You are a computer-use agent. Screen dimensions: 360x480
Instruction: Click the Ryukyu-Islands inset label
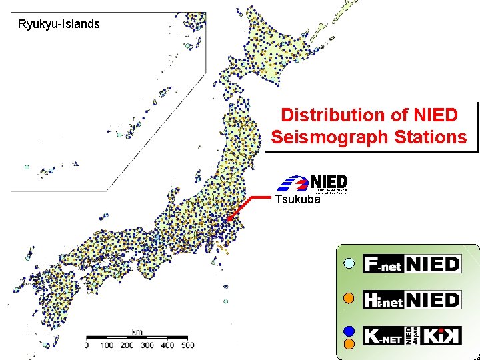pos(59,25)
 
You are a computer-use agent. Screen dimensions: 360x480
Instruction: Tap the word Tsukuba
pos(298,199)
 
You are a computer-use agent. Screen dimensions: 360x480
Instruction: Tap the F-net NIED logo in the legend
pos(412,264)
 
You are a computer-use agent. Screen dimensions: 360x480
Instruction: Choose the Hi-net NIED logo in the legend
pos(412,299)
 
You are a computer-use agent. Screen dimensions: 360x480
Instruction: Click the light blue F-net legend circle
pos(348,264)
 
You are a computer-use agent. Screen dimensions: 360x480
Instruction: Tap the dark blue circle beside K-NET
pos(348,329)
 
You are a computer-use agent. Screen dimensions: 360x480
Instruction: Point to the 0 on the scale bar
pos(87,345)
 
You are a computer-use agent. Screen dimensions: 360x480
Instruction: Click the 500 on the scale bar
pos(187,345)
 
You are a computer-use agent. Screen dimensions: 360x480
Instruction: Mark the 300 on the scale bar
pos(147,345)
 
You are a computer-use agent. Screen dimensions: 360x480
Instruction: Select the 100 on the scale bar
pos(107,345)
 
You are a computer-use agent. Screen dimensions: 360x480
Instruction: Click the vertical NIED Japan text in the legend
pos(414,335)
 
